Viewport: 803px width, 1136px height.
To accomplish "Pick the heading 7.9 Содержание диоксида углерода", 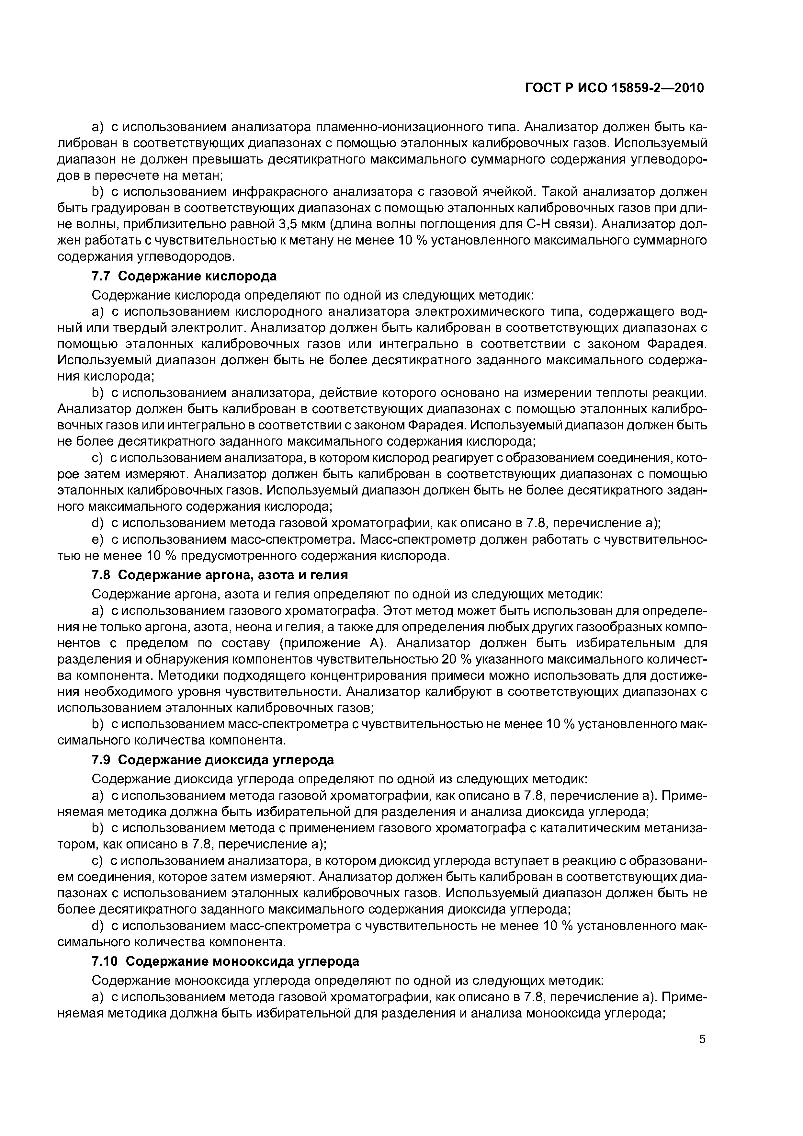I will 213,759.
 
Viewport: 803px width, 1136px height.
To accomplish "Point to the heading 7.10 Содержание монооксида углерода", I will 226,961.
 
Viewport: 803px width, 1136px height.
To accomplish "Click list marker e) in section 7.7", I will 98,539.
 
